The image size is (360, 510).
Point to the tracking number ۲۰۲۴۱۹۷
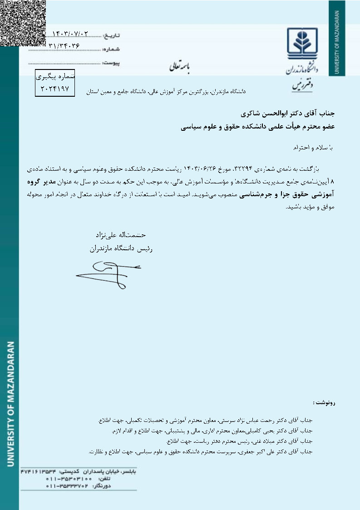click(55, 89)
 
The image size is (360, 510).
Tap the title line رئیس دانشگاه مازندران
click(118, 248)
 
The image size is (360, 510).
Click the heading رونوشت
click(324, 403)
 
